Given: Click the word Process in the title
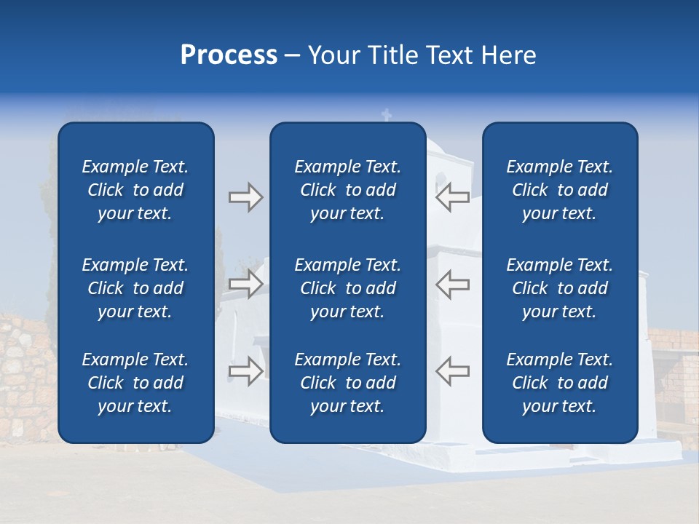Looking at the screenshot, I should click(229, 55).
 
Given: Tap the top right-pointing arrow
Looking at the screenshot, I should click(245, 197).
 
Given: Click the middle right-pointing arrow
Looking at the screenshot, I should click(245, 284).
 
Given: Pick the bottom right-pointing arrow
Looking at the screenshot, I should click(245, 370).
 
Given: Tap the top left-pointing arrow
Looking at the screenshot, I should click(452, 197).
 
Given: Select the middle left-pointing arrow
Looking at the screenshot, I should click(452, 284).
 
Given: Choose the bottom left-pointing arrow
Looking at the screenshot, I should click(452, 370).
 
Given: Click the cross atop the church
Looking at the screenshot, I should click(387, 115).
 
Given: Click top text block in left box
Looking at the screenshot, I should click(135, 190).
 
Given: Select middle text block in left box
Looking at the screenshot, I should click(135, 288).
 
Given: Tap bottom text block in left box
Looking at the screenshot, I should click(135, 383).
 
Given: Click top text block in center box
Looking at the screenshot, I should click(347, 190).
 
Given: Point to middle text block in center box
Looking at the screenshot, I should click(347, 288).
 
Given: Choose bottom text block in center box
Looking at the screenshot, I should click(347, 383).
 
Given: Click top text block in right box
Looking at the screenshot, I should click(560, 190).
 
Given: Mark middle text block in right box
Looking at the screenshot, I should click(560, 288).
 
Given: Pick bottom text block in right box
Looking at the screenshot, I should click(560, 383).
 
